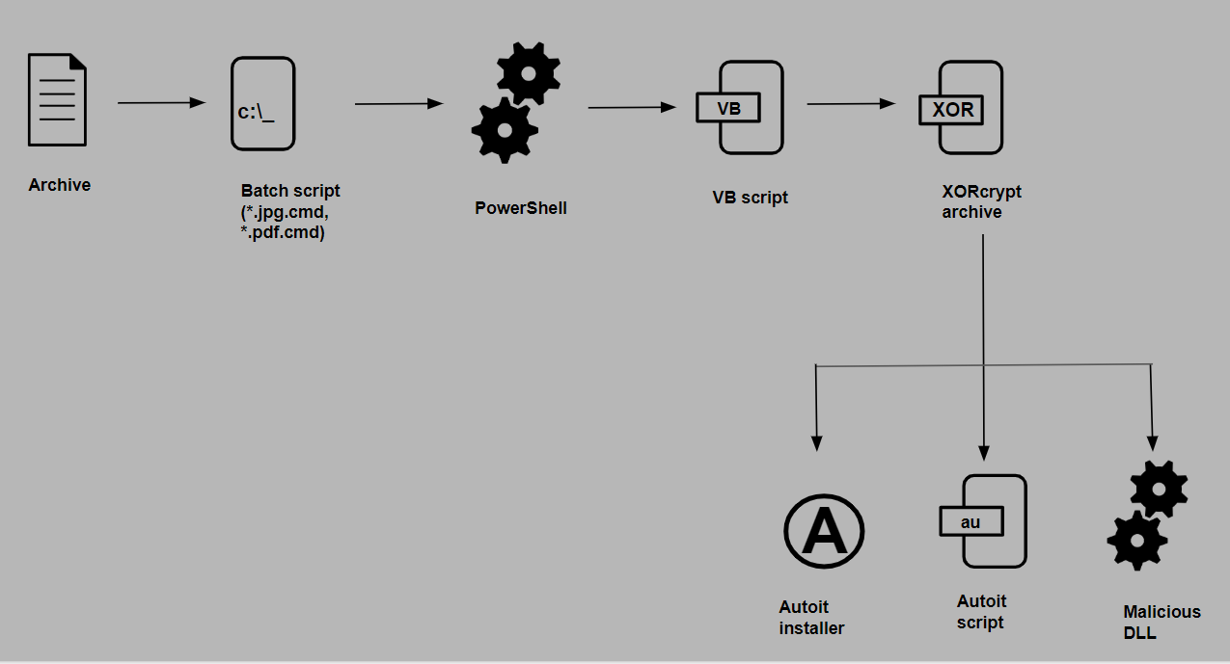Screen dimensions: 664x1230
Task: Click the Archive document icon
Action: (58, 101)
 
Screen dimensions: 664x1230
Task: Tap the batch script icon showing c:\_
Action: (262, 104)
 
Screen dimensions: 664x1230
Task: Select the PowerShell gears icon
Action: (515, 102)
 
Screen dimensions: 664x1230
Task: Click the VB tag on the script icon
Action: (729, 108)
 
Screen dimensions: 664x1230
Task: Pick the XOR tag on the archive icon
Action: (952, 109)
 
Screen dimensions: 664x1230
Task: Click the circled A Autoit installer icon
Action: (823, 532)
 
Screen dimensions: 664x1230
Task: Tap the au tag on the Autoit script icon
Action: (971, 521)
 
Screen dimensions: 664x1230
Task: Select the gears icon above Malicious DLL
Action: (1145, 515)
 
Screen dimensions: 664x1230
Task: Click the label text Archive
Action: (60, 185)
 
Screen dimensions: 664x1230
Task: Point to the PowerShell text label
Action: (521, 207)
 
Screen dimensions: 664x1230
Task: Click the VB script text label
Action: (750, 198)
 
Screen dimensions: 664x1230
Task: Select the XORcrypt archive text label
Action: (981, 201)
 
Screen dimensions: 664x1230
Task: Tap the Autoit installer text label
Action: (811, 618)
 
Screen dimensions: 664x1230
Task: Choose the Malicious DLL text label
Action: (1162, 622)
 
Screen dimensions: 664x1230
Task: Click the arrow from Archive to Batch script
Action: (161, 102)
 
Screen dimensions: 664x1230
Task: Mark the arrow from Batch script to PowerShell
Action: (398, 103)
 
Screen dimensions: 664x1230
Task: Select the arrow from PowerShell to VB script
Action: (632, 107)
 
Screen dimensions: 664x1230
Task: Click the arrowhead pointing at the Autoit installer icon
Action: (816, 442)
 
